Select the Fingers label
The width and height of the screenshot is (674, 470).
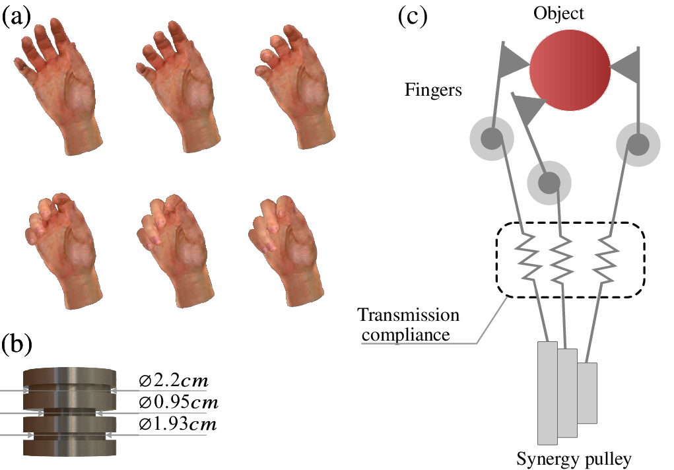[433, 90]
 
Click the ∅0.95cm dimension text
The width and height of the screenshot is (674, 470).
[178, 402]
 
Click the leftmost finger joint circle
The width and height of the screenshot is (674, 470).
[491, 139]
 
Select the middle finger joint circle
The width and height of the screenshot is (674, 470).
[549, 181]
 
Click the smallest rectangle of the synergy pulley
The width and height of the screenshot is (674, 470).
[587, 393]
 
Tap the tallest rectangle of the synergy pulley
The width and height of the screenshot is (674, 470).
[547, 393]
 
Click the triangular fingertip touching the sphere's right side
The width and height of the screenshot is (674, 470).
[626, 65]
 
